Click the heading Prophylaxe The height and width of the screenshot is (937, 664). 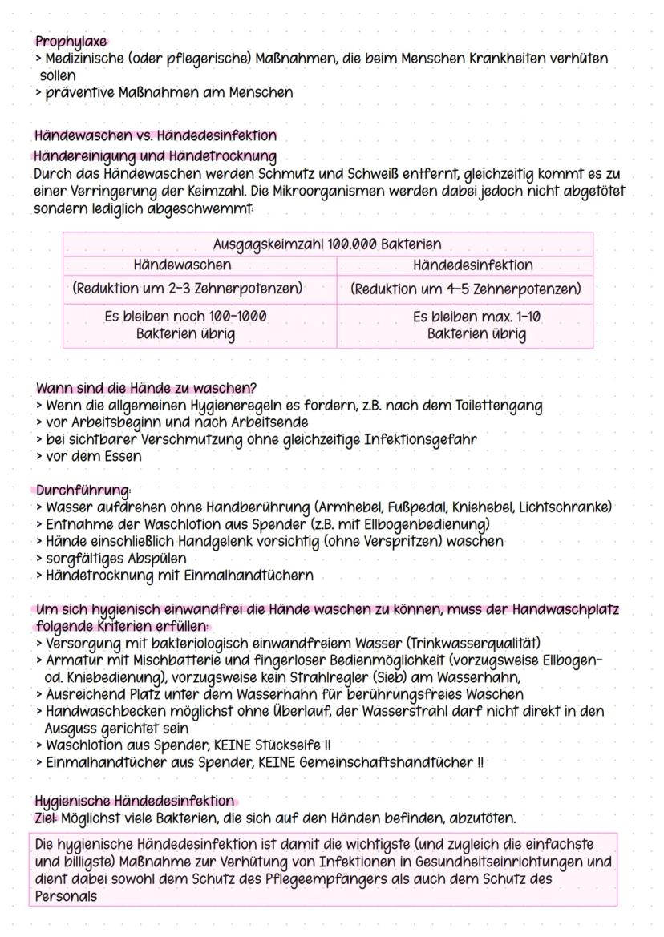tap(71, 42)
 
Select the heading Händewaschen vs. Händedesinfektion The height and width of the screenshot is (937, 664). tap(156, 135)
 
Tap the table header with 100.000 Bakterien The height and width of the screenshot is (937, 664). tap(327, 244)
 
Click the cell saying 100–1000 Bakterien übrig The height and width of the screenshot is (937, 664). tap(186, 325)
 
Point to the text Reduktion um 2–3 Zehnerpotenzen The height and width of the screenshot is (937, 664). tap(187, 288)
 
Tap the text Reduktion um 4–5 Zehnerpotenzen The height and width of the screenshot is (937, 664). tap(466, 288)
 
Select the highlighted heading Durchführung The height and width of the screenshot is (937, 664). tap(83, 490)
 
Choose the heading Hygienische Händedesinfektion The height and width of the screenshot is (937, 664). tap(135, 801)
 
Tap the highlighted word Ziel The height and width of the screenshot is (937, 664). tap(46, 818)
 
